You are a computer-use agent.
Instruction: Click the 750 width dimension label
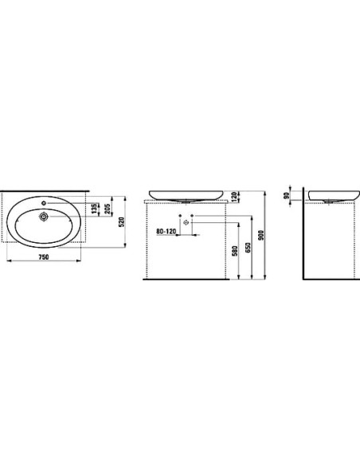pos(43,257)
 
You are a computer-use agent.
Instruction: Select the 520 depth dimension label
pos(121,222)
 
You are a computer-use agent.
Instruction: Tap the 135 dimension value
pos(94,209)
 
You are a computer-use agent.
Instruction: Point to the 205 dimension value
pos(108,209)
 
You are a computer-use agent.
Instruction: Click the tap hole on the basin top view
pos(44,203)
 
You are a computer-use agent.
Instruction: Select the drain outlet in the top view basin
pos(44,217)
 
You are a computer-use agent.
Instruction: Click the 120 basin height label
pos(234,196)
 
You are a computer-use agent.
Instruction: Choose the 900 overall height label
pos(260,235)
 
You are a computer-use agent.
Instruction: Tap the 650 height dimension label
pos(248,248)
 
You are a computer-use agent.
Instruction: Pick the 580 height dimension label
pos(235,251)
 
